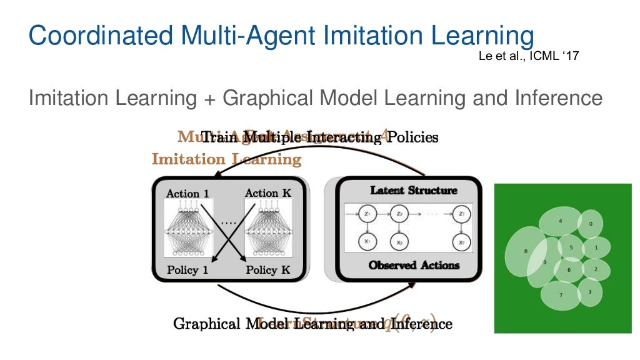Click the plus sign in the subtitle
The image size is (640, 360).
click(209, 98)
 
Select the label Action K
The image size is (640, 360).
click(267, 193)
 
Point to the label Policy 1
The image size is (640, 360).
click(187, 270)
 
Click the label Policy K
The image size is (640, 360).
click(268, 270)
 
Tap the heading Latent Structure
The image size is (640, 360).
click(413, 190)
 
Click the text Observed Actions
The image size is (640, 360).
click(414, 265)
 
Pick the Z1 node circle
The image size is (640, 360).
click(367, 214)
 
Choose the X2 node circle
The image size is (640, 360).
click(399, 241)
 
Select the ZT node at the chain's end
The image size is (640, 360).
click(461, 214)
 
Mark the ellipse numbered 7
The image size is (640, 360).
click(559, 295)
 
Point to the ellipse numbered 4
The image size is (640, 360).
click(559, 221)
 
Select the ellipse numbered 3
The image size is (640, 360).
click(590, 292)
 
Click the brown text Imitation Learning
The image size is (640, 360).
click(226, 159)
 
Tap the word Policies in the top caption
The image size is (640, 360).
click(412, 137)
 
